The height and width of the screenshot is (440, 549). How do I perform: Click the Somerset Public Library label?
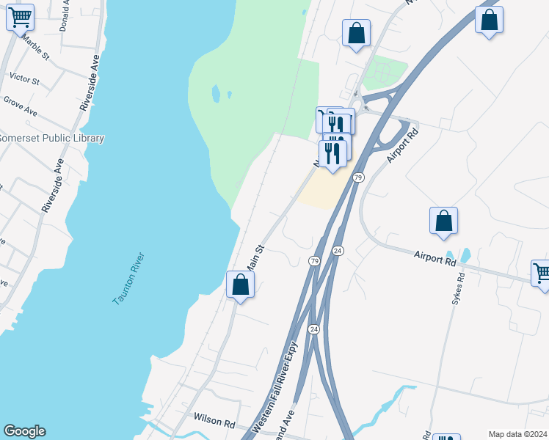(x=52, y=138)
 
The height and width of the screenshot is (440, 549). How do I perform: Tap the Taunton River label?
(x=128, y=279)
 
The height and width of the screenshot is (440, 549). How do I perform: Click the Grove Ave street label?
(x=20, y=106)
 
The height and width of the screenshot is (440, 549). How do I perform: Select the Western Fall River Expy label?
(x=276, y=389)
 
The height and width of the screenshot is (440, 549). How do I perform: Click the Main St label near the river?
(x=254, y=258)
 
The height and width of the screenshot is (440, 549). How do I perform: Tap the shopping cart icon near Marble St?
(x=20, y=17)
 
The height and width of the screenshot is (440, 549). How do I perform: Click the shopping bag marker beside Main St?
(x=240, y=285)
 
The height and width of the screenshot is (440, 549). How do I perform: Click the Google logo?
(x=24, y=431)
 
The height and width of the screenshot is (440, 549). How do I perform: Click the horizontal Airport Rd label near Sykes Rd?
(x=435, y=257)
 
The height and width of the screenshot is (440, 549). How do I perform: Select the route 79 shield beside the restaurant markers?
(x=358, y=177)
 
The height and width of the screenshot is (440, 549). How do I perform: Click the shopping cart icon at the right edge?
(x=541, y=273)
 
